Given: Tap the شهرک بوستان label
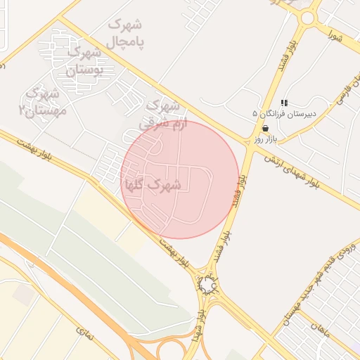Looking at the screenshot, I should (x=83, y=60).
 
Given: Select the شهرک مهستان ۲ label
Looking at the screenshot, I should (x=44, y=102).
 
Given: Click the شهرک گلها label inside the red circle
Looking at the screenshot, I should (x=153, y=186).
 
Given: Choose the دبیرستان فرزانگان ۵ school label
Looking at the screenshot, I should (x=285, y=113).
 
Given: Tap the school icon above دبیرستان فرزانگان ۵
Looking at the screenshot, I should (x=284, y=103).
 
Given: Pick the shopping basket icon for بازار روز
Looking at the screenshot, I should (x=265, y=128).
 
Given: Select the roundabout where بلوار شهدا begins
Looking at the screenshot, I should (x=207, y=285).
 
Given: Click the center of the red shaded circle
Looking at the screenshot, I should (x=180, y=180).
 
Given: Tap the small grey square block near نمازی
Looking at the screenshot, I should (x=22, y=295).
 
